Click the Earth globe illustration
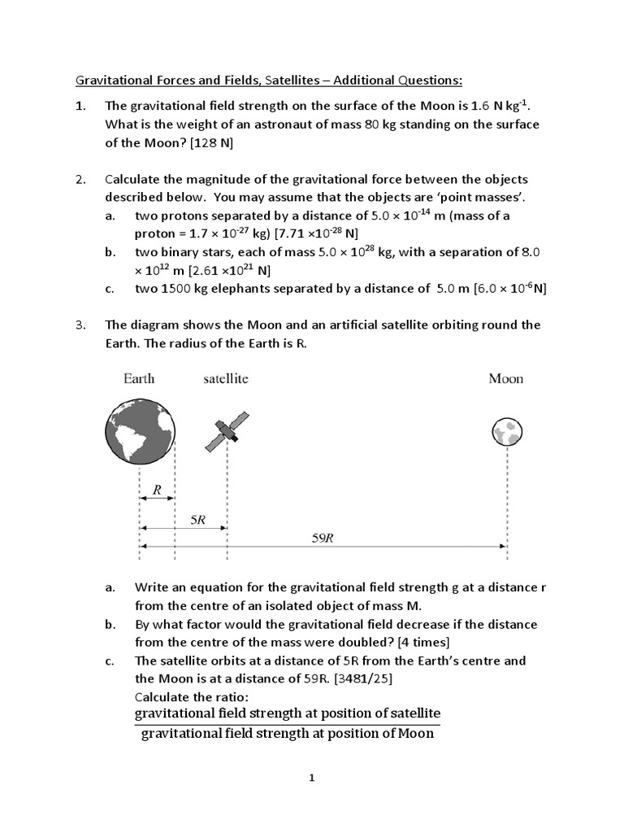(141, 429)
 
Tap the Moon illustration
(507, 431)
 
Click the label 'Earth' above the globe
(139, 378)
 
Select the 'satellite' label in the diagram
(226, 378)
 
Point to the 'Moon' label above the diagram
(505, 378)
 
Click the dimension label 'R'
(157, 490)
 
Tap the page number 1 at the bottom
(311, 778)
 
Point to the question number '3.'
(80, 325)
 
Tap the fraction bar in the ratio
(287, 725)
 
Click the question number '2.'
(80, 179)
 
